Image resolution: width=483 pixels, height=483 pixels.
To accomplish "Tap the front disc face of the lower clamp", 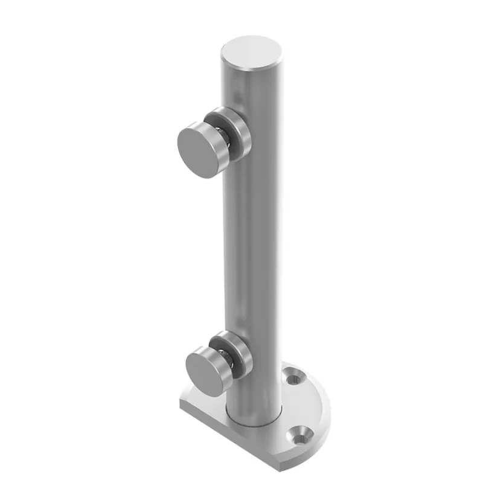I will pyautogui.click(x=204, y=370).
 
